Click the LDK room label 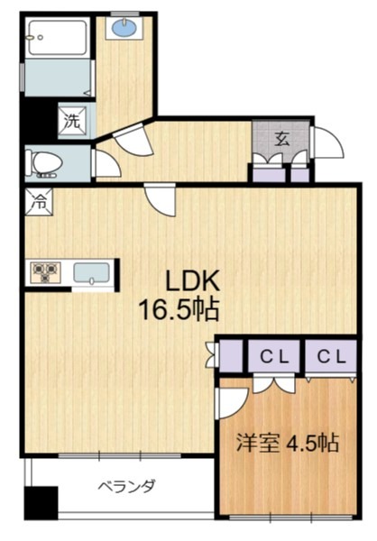pyautogui.click(x=190, y=280)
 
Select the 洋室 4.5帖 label pyautogui.click(x=287, y=444)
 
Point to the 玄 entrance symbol pyautogui.click(x=281, y=139)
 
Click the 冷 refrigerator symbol pyautogui.click(x=39, y=202)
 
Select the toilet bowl pyautogui.click(x=44, y=162)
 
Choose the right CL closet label pyautogui.click(x=328, y=357)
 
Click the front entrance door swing pyautogui.click(x=325, y=142)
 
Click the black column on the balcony pyautogui.click(x=41, y=500)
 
